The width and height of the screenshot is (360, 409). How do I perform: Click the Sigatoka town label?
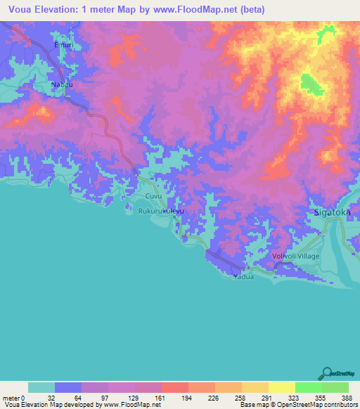331,212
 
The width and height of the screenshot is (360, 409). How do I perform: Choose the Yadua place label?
243,277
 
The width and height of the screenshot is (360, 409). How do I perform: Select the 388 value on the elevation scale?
347,397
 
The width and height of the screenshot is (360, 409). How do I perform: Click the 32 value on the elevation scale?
50,397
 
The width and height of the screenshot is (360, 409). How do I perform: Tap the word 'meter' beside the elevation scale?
10,397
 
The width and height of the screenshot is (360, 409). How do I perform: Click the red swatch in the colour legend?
174,387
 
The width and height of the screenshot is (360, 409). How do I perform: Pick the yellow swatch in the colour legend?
281,387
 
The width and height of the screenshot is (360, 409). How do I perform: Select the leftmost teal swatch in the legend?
41,387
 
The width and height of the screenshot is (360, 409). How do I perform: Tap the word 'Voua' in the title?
22,10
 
